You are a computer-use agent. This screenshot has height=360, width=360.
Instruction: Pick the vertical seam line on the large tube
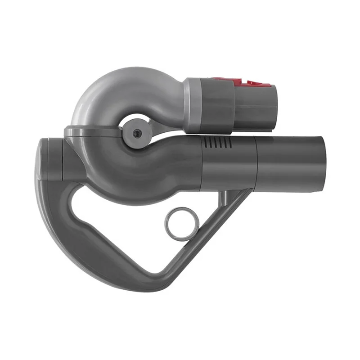(256, 164)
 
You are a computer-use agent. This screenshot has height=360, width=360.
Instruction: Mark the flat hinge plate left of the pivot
(92, 131)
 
